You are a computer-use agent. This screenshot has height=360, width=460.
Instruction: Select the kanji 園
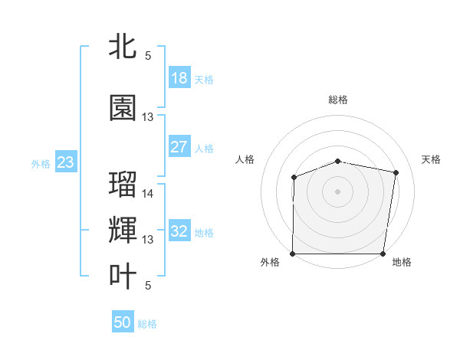coord(123,108)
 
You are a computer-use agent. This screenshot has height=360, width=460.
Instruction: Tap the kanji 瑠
coord(123,185)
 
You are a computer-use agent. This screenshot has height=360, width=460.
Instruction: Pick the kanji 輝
coord(123,230)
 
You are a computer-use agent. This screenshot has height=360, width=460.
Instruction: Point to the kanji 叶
coord(123,276)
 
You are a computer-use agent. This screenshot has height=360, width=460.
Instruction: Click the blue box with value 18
coord(179,78)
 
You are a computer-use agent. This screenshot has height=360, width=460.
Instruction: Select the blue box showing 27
coord(179,147)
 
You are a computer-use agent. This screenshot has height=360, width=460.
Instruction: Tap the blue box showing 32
coord(179,231)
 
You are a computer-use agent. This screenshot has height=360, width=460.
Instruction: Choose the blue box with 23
coord(65,162)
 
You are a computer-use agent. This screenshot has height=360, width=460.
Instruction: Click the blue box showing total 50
coord(123,322)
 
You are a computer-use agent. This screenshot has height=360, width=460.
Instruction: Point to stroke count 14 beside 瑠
coord(148,194)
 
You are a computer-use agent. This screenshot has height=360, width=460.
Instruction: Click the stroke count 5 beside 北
coord(148,56)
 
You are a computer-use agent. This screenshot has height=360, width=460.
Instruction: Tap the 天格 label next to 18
coord(204,79)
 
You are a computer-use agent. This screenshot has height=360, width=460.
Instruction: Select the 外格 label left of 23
coord(41,163)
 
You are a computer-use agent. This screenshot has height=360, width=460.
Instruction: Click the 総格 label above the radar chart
coord(338,100)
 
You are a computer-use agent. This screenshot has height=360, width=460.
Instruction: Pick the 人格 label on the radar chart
coord(245,159)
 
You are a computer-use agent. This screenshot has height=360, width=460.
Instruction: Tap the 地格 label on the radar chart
coord(402,262)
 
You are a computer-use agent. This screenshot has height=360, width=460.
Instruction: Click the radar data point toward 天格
coord(396,173)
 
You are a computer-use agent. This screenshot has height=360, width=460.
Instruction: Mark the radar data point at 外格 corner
coord(293,254)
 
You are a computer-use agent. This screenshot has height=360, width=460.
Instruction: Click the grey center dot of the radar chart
coord(338,191)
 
